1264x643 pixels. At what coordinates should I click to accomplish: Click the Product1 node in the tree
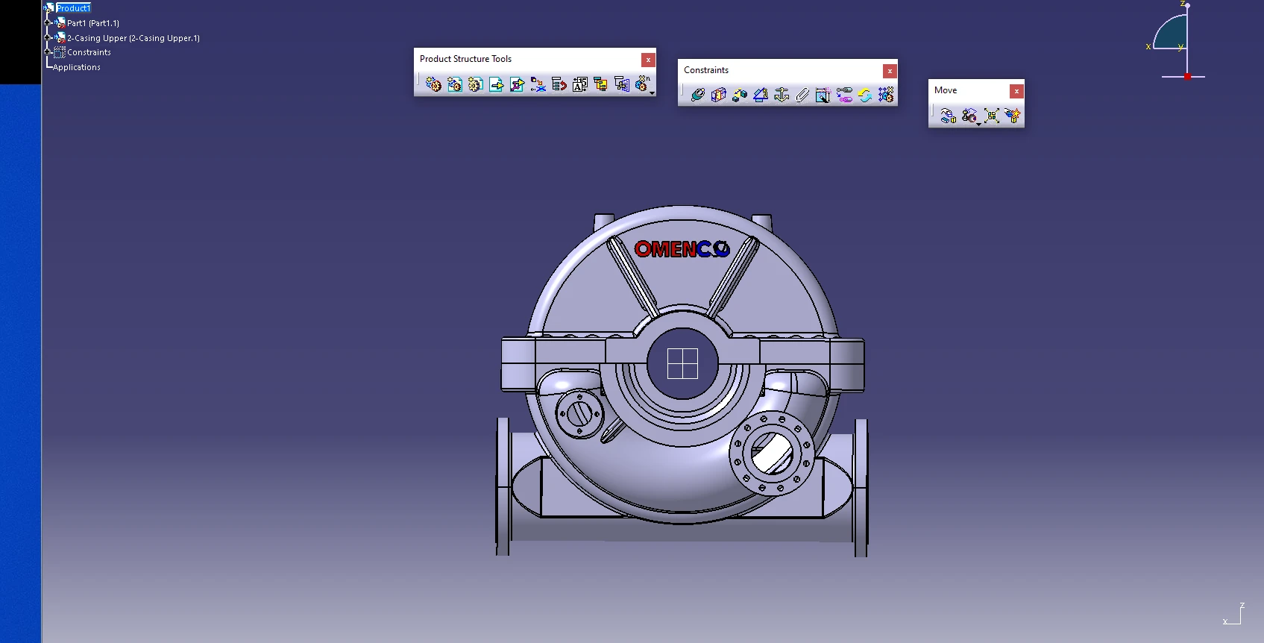coord(73,8)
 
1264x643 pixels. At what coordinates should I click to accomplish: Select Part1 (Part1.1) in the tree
coord(93,23)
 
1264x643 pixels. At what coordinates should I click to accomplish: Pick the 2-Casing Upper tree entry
coord(133,38)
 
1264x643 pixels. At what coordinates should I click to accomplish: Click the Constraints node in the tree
coord(89,52)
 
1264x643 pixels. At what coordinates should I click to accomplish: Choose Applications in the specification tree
coord(77,67)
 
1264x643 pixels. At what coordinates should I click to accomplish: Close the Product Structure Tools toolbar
coord(648,60)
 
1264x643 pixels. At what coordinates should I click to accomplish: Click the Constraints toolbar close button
coord(890,71)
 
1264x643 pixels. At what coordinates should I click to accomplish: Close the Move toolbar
coord(1017,91)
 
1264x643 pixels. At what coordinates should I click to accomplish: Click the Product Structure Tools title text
coord(465,59)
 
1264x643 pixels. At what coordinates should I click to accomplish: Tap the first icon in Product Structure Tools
coord(433,84)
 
